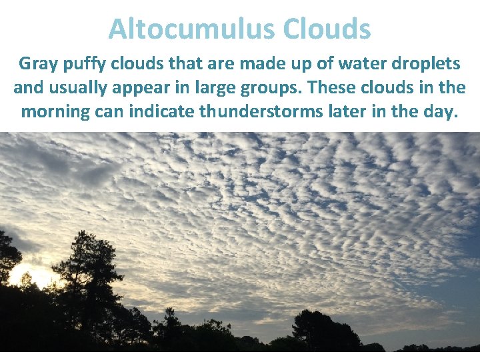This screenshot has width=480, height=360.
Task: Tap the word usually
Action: [82, 88]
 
